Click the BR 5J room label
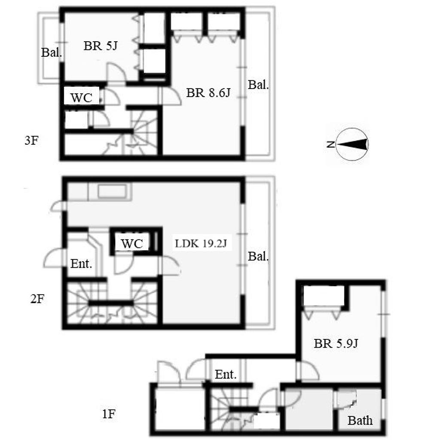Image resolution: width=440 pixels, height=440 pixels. tap(101, 46)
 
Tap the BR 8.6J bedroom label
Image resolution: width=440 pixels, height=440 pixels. tap(208, 93)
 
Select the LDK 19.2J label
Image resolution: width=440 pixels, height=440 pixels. tap(201, 244)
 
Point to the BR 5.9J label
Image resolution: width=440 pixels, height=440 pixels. tap(336, 343)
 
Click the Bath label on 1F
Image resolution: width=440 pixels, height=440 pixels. tap(360, 421)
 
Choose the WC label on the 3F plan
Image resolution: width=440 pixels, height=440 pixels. tap(81, 98)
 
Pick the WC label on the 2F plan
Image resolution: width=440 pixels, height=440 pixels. tap(132, 244)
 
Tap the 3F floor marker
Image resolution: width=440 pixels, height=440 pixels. tap(31, 141)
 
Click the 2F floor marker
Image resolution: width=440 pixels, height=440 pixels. tap(37, 299)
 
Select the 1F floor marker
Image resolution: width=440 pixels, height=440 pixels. tap(109, 414)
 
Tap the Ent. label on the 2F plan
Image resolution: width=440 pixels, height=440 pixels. tap(81, 264)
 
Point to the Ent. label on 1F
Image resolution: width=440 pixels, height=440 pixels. tap(226, 374)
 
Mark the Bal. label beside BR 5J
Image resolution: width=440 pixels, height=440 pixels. tap(52, 52)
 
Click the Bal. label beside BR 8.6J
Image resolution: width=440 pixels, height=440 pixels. tap(258, 85)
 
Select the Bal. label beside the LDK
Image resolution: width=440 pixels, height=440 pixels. tap(258, 257)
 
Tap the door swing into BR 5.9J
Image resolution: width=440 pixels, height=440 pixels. tap(308, 370)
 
